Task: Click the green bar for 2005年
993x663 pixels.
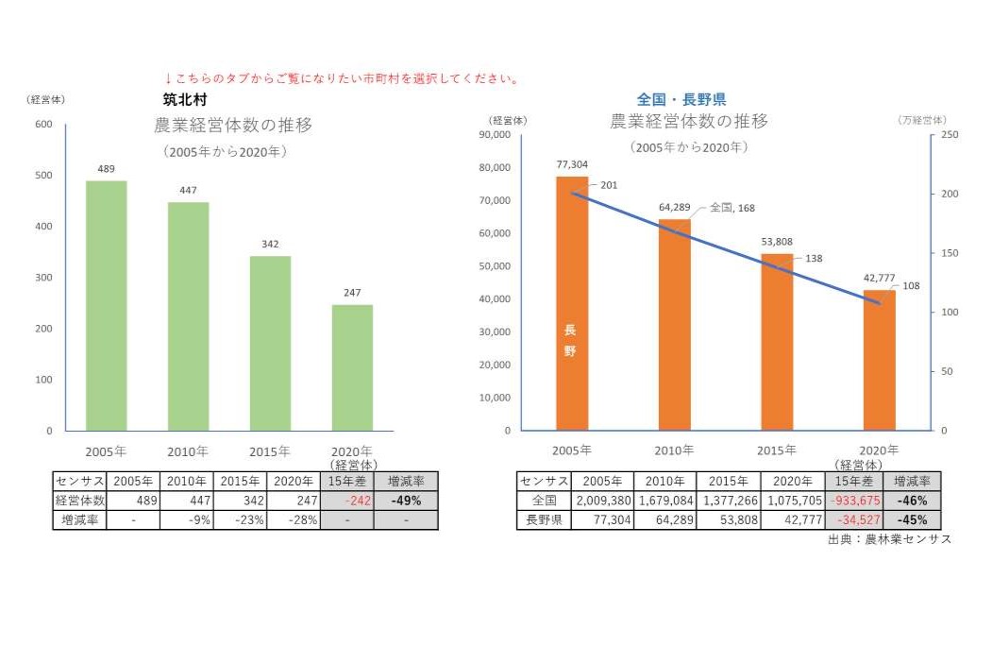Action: [x=106, y=305]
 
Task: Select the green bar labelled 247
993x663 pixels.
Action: [x=352, y=367]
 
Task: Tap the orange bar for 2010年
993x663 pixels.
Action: [x=674, y=324]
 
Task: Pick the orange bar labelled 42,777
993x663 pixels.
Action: [x=879, y=360]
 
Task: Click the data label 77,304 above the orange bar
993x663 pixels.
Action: [x=572, y=163]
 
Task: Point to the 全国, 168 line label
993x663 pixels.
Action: [x=732, y=208]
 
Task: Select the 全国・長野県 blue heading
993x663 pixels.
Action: [x=682, y=99]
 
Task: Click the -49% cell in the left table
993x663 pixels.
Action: [x=405, y=501]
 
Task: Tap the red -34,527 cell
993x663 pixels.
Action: [x=853, y=519]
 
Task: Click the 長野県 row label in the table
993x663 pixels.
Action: [x=543, y=519]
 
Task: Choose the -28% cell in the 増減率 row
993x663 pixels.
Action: [x=293, y=519]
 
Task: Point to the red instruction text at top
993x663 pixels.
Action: [x=342, y=78]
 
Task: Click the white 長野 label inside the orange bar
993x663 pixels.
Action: [x=569, y=341]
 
